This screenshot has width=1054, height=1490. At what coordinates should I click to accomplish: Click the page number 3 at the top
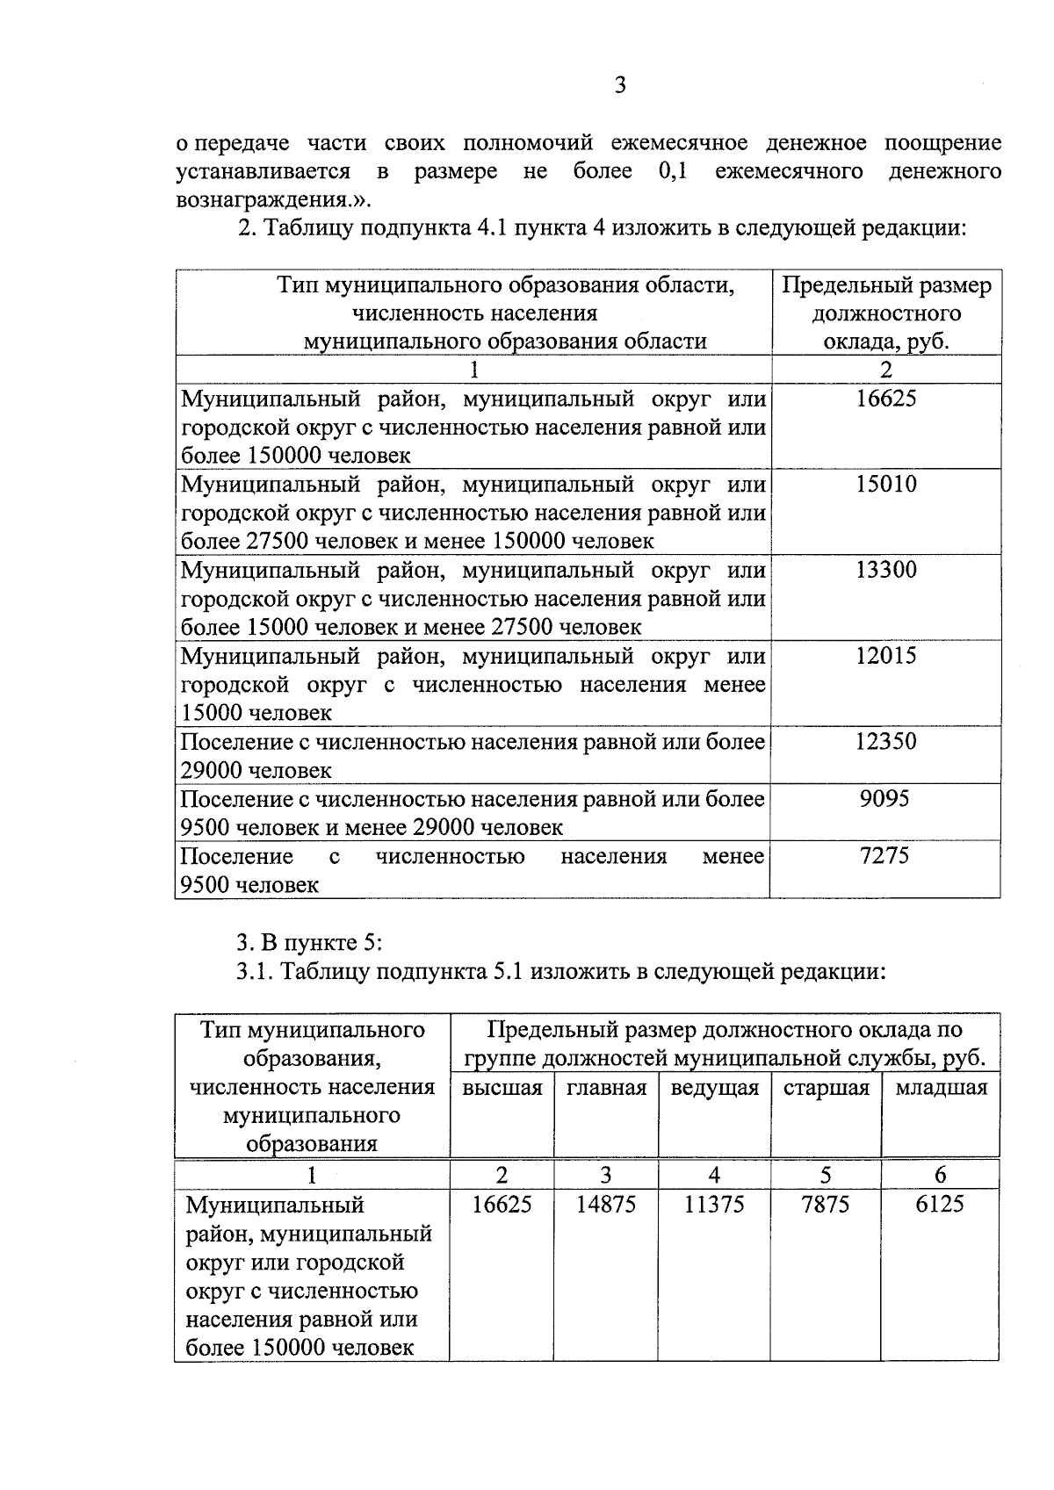point(619,85)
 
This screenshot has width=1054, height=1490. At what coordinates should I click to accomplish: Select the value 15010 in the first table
point(885,484)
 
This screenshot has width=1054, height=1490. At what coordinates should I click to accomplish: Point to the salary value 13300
point(885,570)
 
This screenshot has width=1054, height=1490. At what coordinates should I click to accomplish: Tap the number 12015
point(885,655)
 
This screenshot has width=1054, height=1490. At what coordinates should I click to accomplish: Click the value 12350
point(885,741)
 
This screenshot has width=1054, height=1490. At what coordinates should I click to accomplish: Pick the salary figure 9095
point(885,798)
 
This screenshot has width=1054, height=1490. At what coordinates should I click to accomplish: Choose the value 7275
point(885,855)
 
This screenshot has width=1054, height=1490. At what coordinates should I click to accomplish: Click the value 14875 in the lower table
point(606,1204)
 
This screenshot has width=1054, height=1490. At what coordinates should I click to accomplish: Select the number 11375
point(714,1204)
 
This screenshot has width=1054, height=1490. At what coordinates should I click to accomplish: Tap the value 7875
point(826,1204)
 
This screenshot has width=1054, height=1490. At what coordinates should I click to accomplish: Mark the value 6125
point(940,1204)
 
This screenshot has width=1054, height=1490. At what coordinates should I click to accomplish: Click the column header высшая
point(502,1088)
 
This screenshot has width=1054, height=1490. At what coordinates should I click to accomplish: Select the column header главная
point(606,1088)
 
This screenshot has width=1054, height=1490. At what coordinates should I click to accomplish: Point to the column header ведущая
point(714,1088)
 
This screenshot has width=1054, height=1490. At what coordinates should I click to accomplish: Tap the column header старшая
point(826,1088)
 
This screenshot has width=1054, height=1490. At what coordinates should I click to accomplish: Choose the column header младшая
point(941,1088)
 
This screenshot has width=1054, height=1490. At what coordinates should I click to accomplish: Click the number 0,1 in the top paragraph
point(671,170)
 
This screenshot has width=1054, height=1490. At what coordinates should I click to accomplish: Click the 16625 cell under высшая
point(502,1204)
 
